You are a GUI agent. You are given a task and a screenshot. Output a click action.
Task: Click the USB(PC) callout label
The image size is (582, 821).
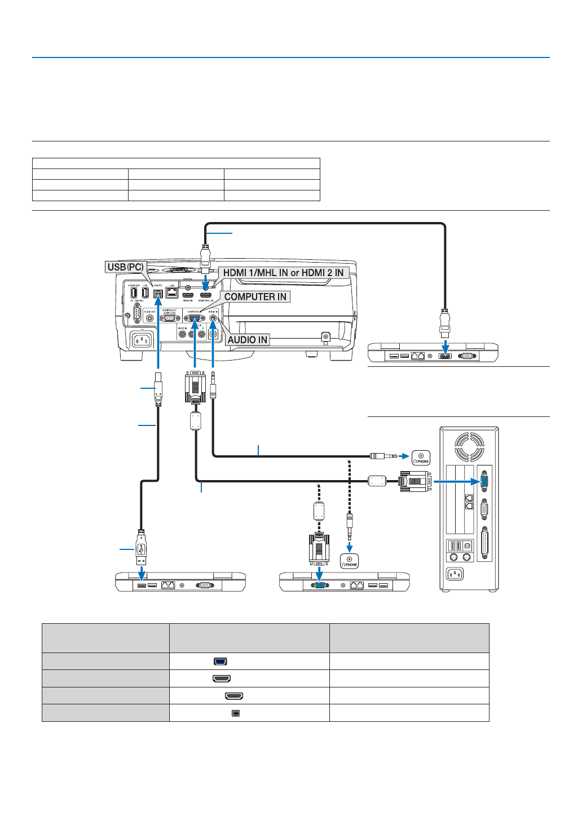[125, 267]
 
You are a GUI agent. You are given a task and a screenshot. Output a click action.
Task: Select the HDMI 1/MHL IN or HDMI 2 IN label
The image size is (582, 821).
[283, 273]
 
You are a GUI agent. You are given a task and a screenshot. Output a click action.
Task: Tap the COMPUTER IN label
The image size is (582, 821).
[255, 297]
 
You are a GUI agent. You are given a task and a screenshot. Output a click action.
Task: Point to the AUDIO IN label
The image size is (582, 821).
[247, 340]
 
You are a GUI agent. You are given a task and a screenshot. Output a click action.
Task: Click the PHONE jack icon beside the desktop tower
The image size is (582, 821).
[421, 458]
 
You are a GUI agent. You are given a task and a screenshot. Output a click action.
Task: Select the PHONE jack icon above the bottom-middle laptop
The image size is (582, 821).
[350, 561]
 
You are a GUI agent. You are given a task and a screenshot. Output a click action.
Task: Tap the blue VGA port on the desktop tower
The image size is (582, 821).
[484, 481]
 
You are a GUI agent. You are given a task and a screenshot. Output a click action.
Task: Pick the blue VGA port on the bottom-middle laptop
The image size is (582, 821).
[319, 585]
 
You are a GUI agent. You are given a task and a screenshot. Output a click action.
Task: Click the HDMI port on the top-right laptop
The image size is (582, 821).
[445, 356]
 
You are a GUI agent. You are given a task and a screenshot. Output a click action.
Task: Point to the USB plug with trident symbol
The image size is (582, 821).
[141, 549]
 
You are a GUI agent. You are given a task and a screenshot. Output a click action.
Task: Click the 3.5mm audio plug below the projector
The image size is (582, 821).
[213, 385]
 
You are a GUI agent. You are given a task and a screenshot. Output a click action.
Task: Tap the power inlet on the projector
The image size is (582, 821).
[141, 340]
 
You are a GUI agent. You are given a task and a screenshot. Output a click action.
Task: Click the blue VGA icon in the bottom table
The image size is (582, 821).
[221, 662]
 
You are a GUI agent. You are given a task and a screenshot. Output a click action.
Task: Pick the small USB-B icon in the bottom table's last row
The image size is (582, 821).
[236, 713]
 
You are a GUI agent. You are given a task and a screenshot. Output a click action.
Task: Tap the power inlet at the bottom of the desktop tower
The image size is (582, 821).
[455, 574]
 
